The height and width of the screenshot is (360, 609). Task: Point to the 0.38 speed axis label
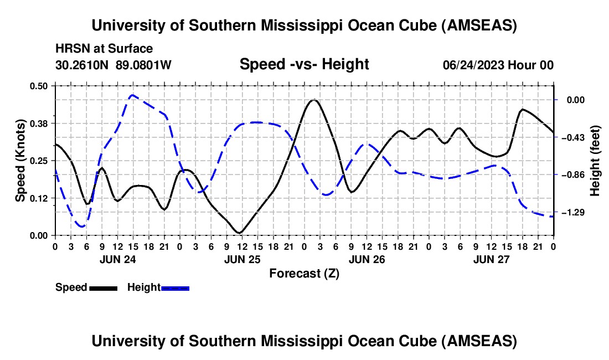tap(39, 124)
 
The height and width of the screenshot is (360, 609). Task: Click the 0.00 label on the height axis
tap(576, 100)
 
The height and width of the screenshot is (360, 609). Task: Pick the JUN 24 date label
tap(118, 259)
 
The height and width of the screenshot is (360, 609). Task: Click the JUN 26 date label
tap(367, 259)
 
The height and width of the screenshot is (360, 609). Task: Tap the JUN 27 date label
tap(491, 259)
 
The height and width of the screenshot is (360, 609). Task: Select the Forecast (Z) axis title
tap(304, 274)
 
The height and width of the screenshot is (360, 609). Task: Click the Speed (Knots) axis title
tap(20, 161)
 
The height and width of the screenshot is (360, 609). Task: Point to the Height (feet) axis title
tap(595, 161)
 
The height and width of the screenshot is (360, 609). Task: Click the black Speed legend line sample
tap(104, 288)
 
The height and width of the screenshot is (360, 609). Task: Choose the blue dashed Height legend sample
tap(175, 288)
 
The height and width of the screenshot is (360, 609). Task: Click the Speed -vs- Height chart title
tap(304, 64)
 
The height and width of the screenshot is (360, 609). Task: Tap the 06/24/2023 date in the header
tap(473, 65)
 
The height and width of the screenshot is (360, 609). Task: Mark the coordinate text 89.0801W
tap(143, 65)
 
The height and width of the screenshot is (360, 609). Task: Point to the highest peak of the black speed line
tap(314, 100)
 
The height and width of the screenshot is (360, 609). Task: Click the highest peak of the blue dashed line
tap(132, 95)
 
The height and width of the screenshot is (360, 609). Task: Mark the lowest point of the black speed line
tap(240, 233)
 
